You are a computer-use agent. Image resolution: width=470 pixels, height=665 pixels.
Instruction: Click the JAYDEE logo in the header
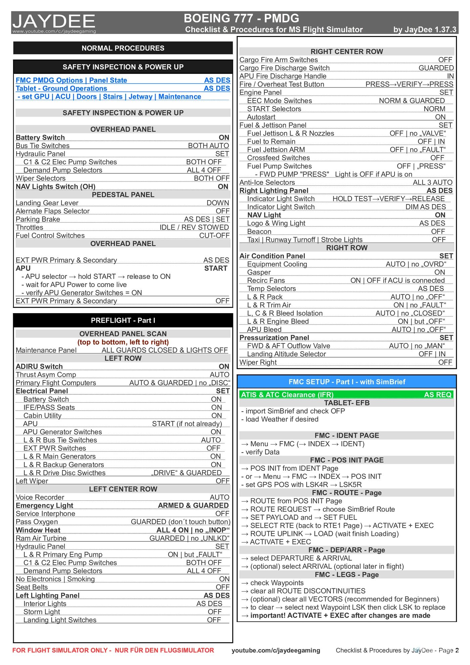click(54, 22)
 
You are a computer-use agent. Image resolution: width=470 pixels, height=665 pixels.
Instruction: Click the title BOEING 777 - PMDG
click(241, 18)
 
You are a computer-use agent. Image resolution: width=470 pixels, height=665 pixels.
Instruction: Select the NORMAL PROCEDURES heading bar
click(123, 48)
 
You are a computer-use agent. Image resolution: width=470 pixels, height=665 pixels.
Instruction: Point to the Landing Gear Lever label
click(47, 203)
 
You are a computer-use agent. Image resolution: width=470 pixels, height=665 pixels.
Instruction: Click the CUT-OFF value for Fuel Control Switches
click(214, 236)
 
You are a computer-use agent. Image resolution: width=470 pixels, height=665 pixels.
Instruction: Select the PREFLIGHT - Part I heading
click(123, 320)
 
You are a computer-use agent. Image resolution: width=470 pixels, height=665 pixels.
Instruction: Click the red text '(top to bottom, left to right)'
click(123, 342)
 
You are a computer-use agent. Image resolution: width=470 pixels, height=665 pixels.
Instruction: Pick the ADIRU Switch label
click(39, 367)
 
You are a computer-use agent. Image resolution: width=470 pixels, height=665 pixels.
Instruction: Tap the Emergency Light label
click(44, 505)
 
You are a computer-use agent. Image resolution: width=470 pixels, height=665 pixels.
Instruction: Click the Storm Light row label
click(42, 612)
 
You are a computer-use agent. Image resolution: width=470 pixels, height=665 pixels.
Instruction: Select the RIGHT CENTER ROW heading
click(346, 51)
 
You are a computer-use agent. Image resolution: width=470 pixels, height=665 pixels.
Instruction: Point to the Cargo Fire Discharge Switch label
click(284, 68)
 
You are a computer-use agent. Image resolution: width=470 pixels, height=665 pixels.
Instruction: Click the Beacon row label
click(259, 232)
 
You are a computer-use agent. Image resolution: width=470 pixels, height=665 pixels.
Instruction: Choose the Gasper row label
click(259, 272)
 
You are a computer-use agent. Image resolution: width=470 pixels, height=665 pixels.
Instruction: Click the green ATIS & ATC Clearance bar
click(346, 394)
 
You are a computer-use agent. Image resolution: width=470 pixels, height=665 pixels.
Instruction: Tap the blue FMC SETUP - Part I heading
click(346, 382)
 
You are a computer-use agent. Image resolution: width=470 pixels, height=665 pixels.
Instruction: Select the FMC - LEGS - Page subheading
click(346, 575)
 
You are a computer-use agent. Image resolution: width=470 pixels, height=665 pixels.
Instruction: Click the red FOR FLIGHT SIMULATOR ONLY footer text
click(113, 650)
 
